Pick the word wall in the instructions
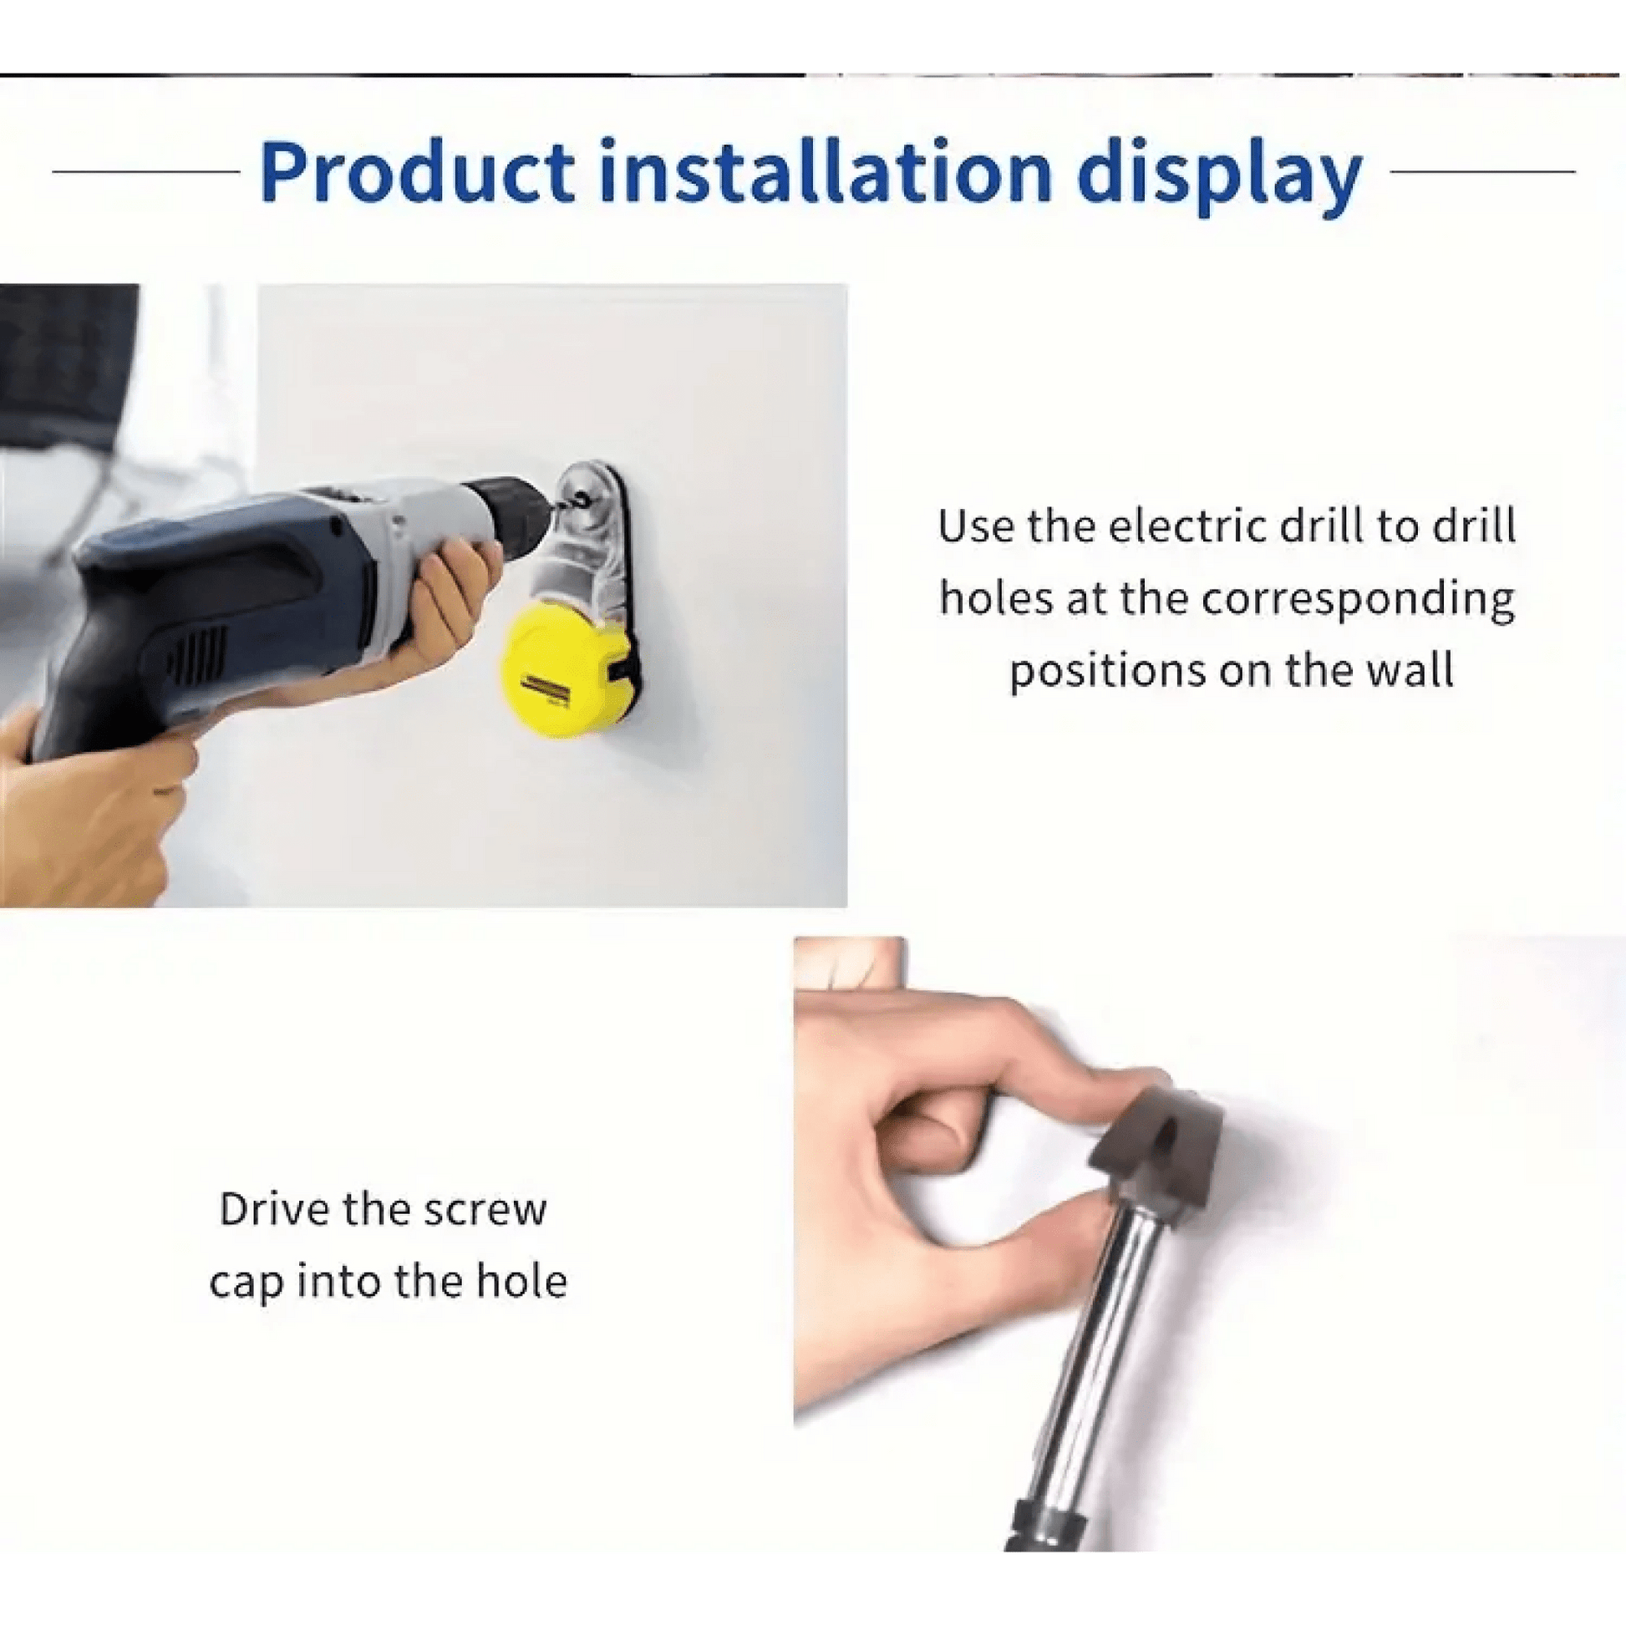[1411, 672]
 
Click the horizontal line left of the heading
[146, 171]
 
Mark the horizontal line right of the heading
[1482, 171]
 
